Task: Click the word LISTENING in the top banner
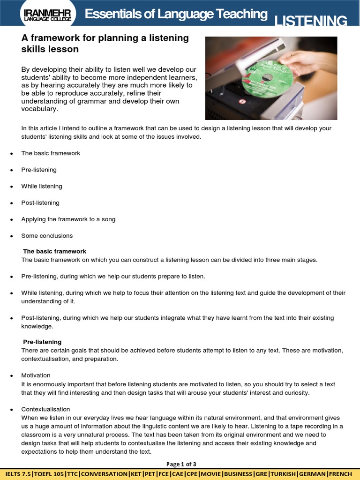pyautogui.click(x=310, y=21)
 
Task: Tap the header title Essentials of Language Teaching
pyautogui.click(x=176, y=15)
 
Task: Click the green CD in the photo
pyautogui.click(x=267, y=78)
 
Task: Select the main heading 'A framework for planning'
pyautogui.click(x=105, y=38)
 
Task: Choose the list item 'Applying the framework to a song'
pyautogui.click(x=68, y=219)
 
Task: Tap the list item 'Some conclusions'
pyautogui.click(x=47, y=236)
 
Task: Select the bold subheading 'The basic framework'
pyautogui.click(x=55, y=252)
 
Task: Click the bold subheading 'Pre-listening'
pyautogui.click(x=42, y=342)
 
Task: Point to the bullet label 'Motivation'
pyautogui.click(x=36, y=375)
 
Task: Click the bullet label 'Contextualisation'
pyautogui.click(x=45, y=409)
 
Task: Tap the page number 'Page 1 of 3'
pyautogui.click(x=181, y=464)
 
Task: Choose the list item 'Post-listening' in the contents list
pyautogui.click(x=40, y=203)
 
